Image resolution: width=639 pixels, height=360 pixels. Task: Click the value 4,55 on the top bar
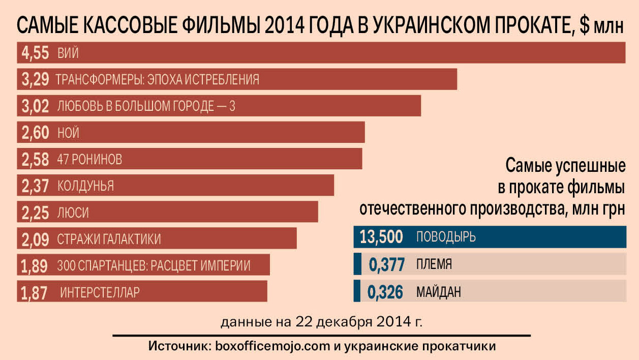[35, 53]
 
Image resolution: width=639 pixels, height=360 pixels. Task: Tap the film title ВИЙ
[68, 53]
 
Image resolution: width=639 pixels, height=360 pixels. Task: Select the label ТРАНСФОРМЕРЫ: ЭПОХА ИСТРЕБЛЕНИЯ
[158, 80]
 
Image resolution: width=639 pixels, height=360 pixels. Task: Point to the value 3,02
[35, 106]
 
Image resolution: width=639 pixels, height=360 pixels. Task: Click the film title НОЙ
[69, 133]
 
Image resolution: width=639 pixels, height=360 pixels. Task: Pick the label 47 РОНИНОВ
[90, 160]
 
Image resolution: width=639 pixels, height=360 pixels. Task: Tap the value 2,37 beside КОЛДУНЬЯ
[35, 186]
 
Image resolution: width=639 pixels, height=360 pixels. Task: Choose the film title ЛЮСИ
[73, 213]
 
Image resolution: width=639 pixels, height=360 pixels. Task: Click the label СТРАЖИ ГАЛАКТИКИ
[109, 239]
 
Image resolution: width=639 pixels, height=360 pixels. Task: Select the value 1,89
[34, 265]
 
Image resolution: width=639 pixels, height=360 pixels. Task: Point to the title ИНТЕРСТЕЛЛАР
[100, 292]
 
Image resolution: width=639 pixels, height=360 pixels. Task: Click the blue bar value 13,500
[381, 237]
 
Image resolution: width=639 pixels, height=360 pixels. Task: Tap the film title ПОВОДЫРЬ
[446, 237]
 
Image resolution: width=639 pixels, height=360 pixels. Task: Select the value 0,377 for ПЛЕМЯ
[385, 265]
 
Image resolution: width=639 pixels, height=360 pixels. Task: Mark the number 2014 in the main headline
[284, 25]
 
